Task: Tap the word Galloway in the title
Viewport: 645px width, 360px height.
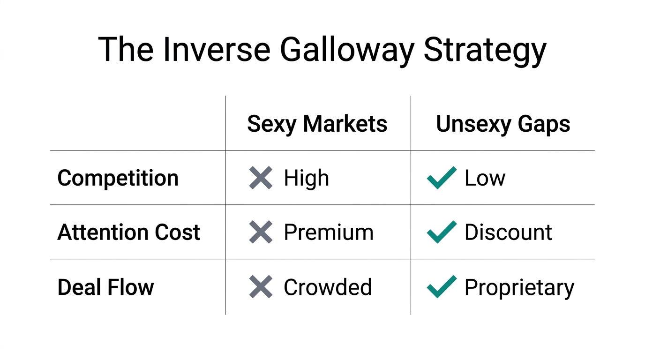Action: pyautogui.click(x=347, y=49)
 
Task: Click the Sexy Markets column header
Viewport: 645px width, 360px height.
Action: pyautogui.click(x=317, y=124)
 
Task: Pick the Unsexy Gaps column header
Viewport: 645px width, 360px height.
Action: pyautogui.click(x=503, y=124)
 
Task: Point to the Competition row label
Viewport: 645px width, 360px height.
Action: pyautogui.click(x=118, y=178)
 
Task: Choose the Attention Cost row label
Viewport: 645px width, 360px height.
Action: pyautogui.click(x=128, y=232)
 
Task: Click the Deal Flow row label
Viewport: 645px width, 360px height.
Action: pyautogui.click(x=105, y=287)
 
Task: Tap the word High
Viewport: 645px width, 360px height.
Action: pyautogui.click(x=306, y=178)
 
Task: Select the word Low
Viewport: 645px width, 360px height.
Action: pyautogui.click(x=485, y=178)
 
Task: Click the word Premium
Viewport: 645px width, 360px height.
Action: pyautogui.click(x=329, y=232)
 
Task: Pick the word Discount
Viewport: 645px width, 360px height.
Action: pyautogui.click(x=508, y=232)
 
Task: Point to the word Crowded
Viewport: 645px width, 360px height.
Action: pyautogui.click(x=328, y=287)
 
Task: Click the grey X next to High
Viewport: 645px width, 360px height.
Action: pyautogui.click(x=261, y=178)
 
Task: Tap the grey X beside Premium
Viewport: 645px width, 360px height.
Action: pyautogui.click(x=261, y=232)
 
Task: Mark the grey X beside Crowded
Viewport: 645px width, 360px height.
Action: pyautogui.click(x=261, y=287)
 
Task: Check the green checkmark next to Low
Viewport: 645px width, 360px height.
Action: pyautogui.click(x=442, y=178)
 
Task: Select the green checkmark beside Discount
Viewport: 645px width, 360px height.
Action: pyautogui.click(x=442, y=232)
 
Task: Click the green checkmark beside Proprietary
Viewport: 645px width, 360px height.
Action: pyautogui.click(x=442, y=286)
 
